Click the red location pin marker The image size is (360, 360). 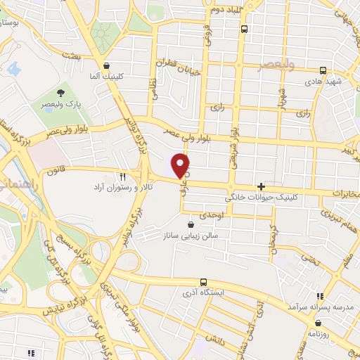tap(181, 165)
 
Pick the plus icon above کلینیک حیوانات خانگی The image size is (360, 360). tap(261, 187)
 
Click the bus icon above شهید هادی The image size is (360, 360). tap(323, 70)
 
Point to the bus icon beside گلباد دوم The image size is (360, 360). tap(244, 30)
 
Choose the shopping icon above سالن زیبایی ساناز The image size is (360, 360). tap(191, 224)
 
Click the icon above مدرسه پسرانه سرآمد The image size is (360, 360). tap(321, 296)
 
